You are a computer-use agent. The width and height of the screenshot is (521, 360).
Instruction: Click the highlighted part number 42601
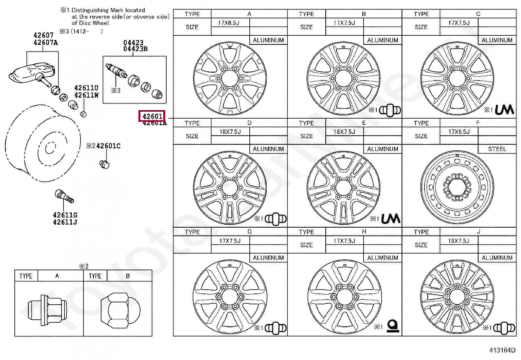(152, 116)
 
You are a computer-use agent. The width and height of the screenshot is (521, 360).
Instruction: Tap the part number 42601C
(108, 146)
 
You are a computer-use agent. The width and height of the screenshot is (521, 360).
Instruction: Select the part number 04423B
(135, 49)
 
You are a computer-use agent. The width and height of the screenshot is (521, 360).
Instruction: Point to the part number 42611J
(65, 222)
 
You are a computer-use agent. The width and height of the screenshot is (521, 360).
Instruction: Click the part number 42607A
(45, 42)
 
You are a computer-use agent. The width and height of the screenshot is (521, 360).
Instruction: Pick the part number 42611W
(86, 95)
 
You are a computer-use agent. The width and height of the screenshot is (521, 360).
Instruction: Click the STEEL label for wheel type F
(497, 149)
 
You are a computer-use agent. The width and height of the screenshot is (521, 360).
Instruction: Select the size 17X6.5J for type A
(229, 23)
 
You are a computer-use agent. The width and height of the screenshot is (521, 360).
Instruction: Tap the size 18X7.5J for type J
(458, 241)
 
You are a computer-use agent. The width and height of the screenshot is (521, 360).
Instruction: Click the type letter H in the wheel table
(364, 232)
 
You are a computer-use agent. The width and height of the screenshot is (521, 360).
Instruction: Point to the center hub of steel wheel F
(457, 187)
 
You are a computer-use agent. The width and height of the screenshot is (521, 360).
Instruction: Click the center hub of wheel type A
(230, 79)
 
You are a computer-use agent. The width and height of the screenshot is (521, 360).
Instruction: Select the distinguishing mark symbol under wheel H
(393, 326)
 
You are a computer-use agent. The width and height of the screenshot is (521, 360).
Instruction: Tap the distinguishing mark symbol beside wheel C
(504, 110)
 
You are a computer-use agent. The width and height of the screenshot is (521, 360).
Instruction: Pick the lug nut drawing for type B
(120, 310)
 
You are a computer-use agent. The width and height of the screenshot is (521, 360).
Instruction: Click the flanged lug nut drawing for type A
(48, 310)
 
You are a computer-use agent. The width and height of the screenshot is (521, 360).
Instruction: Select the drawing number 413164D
(502, 350)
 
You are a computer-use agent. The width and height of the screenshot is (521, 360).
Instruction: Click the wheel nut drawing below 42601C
(104, 164)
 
